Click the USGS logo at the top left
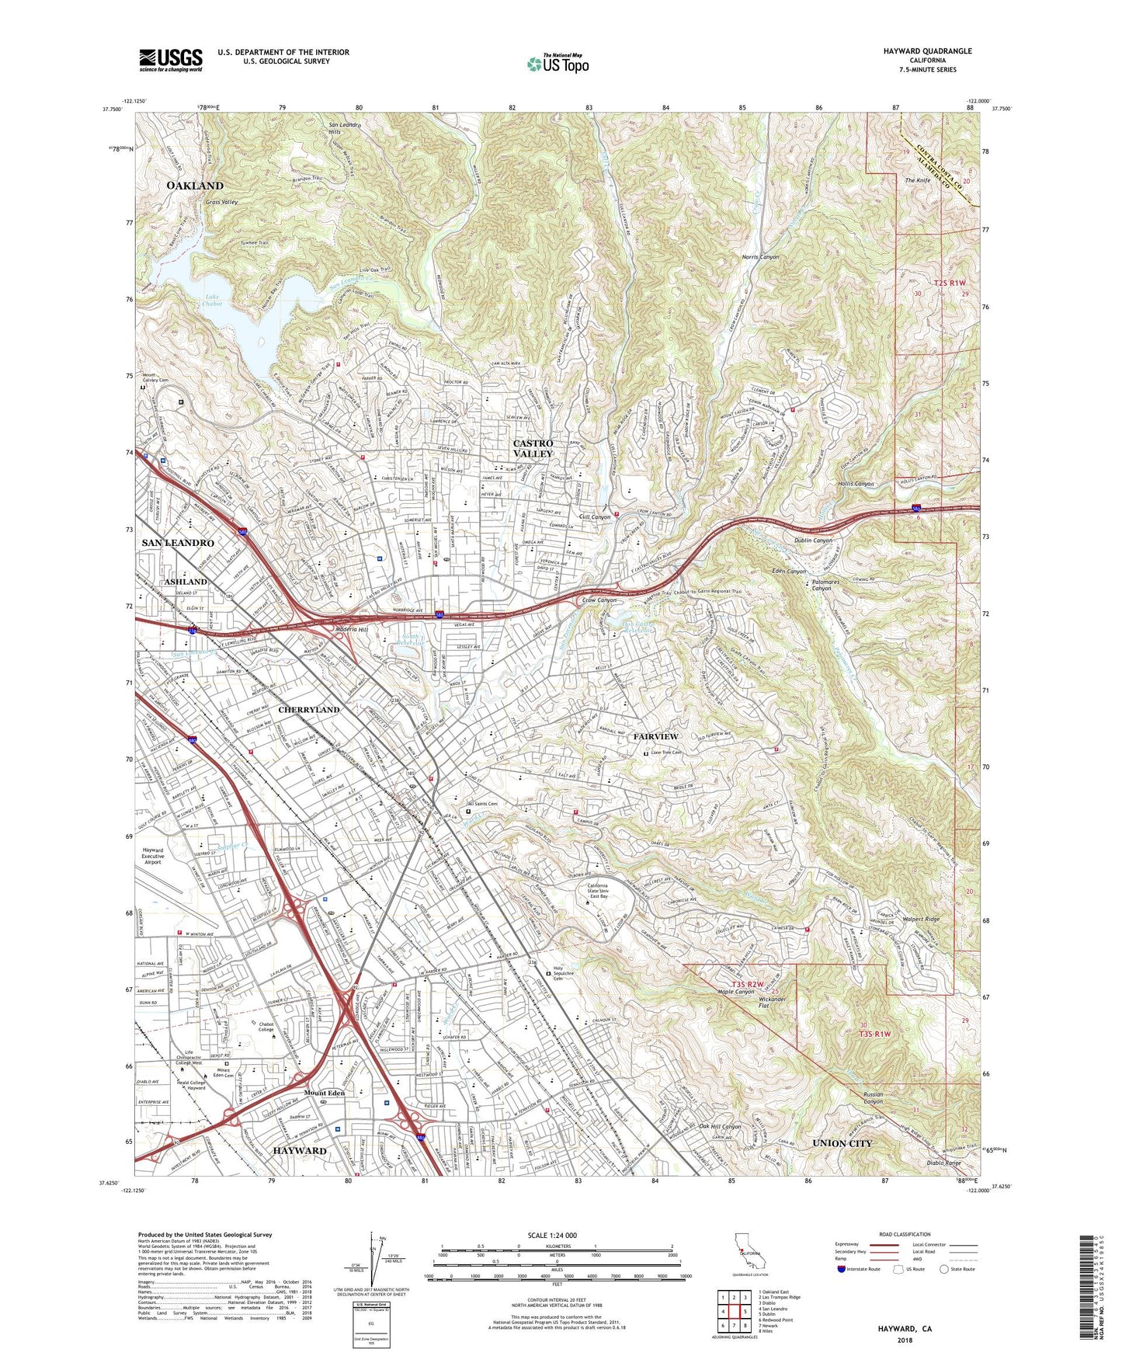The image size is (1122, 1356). pyautogui.click(x=171, y=59)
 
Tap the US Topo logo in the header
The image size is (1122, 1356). pyautogui.click(x=557, y=64)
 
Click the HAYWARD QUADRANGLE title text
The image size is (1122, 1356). pyautogui.click(x=927, y=51)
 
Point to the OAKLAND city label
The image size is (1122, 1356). pyautogui.click(x=194, y=186)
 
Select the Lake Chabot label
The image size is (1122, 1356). pyautogui.click(x=213, y=301)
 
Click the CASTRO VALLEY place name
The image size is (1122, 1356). pyautogui.click(x=533, y=448)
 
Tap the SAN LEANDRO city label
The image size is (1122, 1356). pyautogui.click(x=178, y=543)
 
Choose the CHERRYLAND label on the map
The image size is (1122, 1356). pyautogui.click(x=309, y=710)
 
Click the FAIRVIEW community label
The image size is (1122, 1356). pyautogui.click(x=655, y=736)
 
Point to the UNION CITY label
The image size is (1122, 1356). pyautogui.click(x=842, y=1143)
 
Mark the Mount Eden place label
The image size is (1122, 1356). pyautogui.click(x=325, y=1093)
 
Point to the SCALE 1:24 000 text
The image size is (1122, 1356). pyautogui.click(x=557, y=1236)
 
